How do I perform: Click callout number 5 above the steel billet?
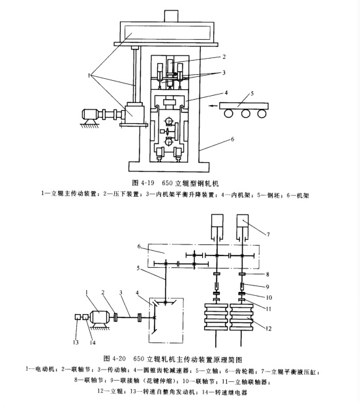(x=252, y=93)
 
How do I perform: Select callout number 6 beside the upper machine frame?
(x=232, y=139)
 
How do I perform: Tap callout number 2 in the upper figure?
(x=224, y=57)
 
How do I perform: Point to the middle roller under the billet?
(x=245, y=113)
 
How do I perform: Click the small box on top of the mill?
(x=172, y=16)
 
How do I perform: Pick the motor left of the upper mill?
(x=90, y=114)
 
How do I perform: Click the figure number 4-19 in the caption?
(x=147, y=183)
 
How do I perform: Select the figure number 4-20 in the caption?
(x=119, y=358)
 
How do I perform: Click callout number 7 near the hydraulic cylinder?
(x=268, y=235)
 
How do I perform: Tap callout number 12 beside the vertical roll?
(x=269, y=328)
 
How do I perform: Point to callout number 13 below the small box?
(x=76, y=342)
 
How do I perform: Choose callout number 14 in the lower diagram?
(x=93, y=342)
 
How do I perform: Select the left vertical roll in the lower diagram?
(x=216, y=317)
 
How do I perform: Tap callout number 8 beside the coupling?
(x=267, y=274)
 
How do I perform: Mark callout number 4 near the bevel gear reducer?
(x=137, y=293)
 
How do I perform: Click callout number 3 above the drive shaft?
(x=121, y=293)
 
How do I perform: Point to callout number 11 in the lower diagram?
(x=269, y=309)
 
